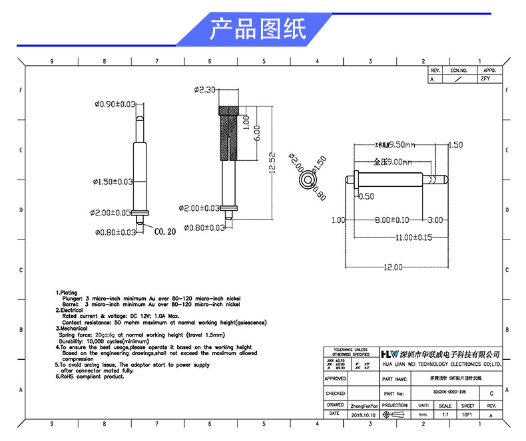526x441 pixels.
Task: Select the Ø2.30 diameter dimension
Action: click(x=204, y=90)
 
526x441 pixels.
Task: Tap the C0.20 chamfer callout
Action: click(x=165, y=232)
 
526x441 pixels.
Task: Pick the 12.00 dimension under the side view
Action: click(x=392, y=267)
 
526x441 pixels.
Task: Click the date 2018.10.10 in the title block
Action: click(x=363, y=414)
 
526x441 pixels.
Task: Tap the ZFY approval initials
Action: click(x=485, y=78)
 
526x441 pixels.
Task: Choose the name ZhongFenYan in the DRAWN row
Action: click(x=364, y=405)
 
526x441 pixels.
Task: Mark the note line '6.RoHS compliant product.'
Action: click(x=90, y=376)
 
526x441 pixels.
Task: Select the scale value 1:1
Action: click(x=445, y=414)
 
